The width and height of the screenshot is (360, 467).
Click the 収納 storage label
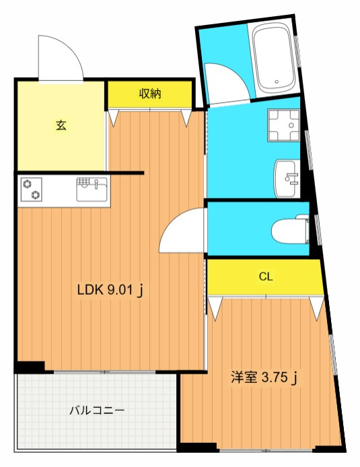pos(150,94)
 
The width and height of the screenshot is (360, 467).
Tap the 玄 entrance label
pos(61,125)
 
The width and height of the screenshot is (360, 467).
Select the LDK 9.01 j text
pos(111,291)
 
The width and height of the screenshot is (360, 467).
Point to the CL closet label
pos(266,277)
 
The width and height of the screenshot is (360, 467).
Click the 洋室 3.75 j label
pos(264,378)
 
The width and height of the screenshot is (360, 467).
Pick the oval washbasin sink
pos(287,178)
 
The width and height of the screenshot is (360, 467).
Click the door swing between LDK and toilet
pos(183,231)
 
